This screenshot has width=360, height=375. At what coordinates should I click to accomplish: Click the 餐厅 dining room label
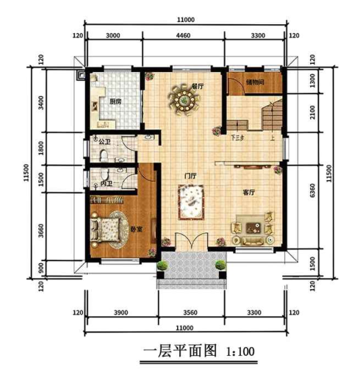click(196, 86)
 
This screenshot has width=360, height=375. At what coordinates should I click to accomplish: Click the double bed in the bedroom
click(109, 224)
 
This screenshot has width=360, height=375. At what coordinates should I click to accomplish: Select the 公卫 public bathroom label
click(102, 142)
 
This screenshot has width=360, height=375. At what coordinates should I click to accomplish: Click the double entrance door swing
click(190, 247)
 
